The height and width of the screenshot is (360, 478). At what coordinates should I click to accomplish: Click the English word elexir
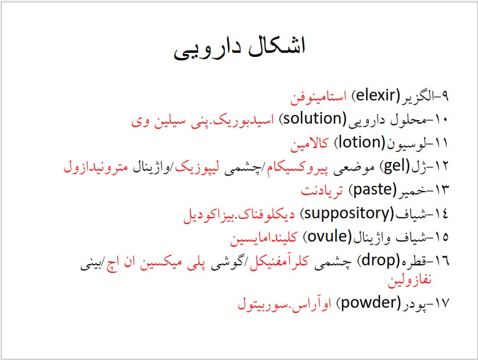375,95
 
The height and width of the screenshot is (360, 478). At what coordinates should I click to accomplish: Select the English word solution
315,118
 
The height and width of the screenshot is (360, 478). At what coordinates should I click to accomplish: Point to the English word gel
394,167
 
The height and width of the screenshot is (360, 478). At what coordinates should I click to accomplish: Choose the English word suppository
347,213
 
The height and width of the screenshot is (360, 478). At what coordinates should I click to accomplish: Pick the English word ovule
328,236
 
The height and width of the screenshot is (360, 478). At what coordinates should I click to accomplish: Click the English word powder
368,303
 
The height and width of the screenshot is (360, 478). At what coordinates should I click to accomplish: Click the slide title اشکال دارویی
239,48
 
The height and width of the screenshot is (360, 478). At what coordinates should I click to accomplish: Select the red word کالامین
309,143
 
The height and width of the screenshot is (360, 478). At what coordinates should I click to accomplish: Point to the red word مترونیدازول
96,167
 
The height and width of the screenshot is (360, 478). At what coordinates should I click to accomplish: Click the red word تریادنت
322,190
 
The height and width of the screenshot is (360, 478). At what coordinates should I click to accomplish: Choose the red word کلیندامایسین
263,237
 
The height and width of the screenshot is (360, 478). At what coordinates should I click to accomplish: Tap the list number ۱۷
441,303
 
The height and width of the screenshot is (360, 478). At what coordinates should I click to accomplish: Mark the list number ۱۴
441,214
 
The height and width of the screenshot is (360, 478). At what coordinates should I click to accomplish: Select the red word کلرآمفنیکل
279,261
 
